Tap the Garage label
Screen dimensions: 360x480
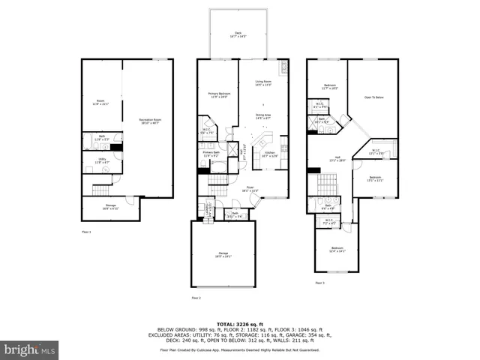[x=223, y=254]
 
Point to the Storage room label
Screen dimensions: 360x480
[x=100, y=208]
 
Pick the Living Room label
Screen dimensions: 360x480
[x=263, y=83]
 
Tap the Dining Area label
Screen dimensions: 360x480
[x=263, y=116]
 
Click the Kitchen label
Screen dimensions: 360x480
[x=269, y=154]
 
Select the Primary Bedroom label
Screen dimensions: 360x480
[x=217, y=94]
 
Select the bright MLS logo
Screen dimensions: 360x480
[x=30, y=349]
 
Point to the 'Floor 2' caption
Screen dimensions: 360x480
[x=196, y=298]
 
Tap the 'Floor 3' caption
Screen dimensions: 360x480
[x=319, y=283]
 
